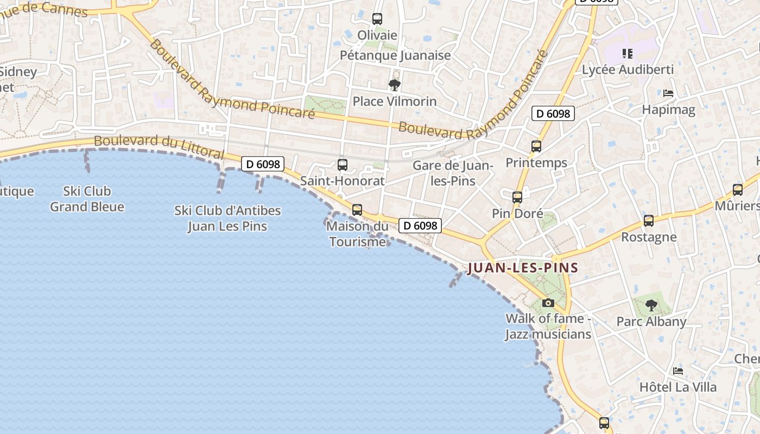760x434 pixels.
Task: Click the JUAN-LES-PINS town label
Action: (x=523, y=268)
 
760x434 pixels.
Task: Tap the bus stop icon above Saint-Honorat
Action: (x=343, y=165)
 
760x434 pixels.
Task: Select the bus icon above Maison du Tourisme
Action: (x=357, y=210)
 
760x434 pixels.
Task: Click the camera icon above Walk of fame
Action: (x=548, y=303)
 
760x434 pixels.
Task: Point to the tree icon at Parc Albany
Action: (x=651, y=305)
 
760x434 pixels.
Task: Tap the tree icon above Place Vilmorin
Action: (x=395, y=85)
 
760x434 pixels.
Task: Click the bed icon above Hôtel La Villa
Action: (x=678, y=372)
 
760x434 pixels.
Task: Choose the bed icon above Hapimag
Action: (x=668, y=94)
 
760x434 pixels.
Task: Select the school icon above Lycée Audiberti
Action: (x=628, y=54)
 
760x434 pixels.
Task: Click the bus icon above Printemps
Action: (x=536, y=146)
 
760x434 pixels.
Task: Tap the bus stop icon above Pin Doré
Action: (x=517, y=197)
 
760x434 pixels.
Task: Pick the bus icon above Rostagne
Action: (x=649, y=221)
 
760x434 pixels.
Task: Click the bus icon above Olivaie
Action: (x=377, y=19)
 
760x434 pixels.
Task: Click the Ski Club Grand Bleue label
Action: (x=87, y=199)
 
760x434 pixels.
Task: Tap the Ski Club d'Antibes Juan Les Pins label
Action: (x=227, y=218)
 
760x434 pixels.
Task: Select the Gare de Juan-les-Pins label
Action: (x=453, y=173)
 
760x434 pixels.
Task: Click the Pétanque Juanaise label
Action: (x=395, y=55)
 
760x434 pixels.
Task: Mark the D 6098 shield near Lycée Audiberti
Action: (x=553, y=113)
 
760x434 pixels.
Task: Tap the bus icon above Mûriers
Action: (x=738, y=190)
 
